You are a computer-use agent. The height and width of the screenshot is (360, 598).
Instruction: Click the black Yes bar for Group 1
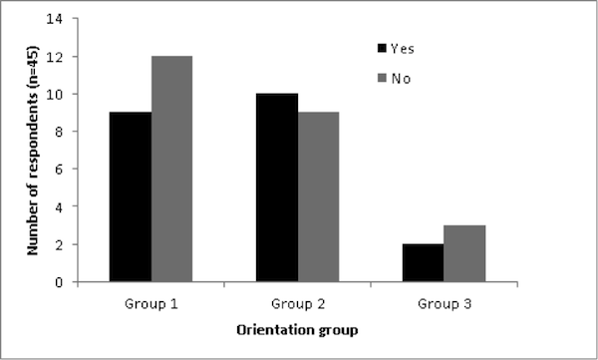(x=131, y=197)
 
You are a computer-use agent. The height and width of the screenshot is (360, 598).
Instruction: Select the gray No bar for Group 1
(x=171, y=170)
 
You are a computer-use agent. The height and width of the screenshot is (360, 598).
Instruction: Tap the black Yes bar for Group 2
(x=277, y=187)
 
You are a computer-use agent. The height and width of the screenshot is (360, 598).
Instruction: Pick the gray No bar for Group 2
(x=318, y=197)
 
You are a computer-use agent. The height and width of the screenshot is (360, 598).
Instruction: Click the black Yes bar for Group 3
(x=424, y=263)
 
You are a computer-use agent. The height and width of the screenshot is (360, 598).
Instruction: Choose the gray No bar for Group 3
(x=464, y=253)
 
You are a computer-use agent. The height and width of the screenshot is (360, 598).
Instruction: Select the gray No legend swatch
(x=382, y=76)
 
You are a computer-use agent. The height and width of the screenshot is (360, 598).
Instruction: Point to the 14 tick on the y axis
(x=71, y=19)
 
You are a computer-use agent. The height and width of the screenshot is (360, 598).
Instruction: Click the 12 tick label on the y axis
(x=71, y=57)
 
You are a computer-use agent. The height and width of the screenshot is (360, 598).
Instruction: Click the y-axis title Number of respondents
(x=32, y=150)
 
